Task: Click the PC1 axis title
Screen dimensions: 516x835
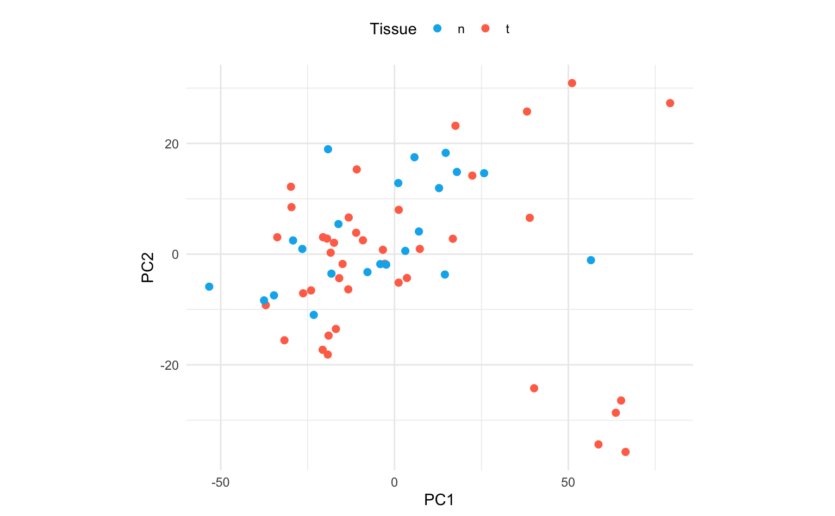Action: tap(439, 500)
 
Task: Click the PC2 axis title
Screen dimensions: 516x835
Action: tap(147, 268)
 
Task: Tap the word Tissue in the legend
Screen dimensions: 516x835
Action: tap(392, 29)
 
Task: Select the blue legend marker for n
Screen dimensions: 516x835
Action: tap(437, 28)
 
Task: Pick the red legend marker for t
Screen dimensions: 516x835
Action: tap(485, 28)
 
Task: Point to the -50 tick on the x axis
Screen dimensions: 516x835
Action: tap(220, 482)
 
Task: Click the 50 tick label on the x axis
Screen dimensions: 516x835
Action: tap(568, 482)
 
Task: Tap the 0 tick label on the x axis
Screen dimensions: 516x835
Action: tap(394, 482)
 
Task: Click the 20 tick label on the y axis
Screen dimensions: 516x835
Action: tap(172, 144)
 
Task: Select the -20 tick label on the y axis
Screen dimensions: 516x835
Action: tap(170, 365)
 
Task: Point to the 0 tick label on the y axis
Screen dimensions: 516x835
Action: tap(175, 254)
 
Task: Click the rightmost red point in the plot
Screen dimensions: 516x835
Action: tap(670, 103)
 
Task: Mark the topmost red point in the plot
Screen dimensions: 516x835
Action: tap(572, 83)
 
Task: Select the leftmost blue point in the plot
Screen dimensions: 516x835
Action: tap(209, 287)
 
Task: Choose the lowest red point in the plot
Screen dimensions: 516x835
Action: tap(625, 452)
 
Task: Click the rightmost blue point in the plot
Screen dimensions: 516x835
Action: tap(591, 260)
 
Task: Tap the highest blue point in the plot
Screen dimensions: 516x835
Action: tap(328, 150)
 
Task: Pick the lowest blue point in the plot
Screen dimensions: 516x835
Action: tap(314, 315)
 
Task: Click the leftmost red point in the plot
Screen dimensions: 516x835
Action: tap(266, 305)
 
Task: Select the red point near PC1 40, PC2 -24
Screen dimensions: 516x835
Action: tap(534, 388)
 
